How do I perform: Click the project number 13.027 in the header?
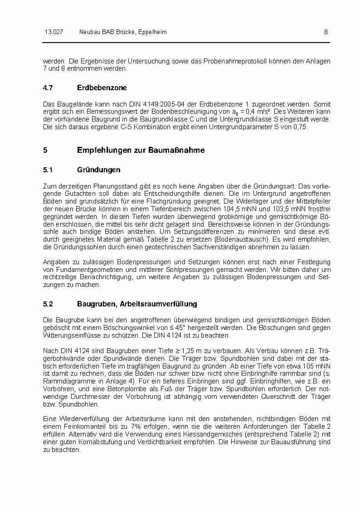[54, 32]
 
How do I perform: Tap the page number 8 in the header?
[326, 32]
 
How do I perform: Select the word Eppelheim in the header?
[152, 32]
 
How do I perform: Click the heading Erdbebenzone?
[102, 88]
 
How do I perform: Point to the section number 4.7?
[48, 88]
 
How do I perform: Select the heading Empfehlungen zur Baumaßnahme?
[141, 150]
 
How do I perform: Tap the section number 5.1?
[48, 170]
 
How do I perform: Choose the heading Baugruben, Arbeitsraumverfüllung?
[137, 304]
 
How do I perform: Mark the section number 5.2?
[48, 304]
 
